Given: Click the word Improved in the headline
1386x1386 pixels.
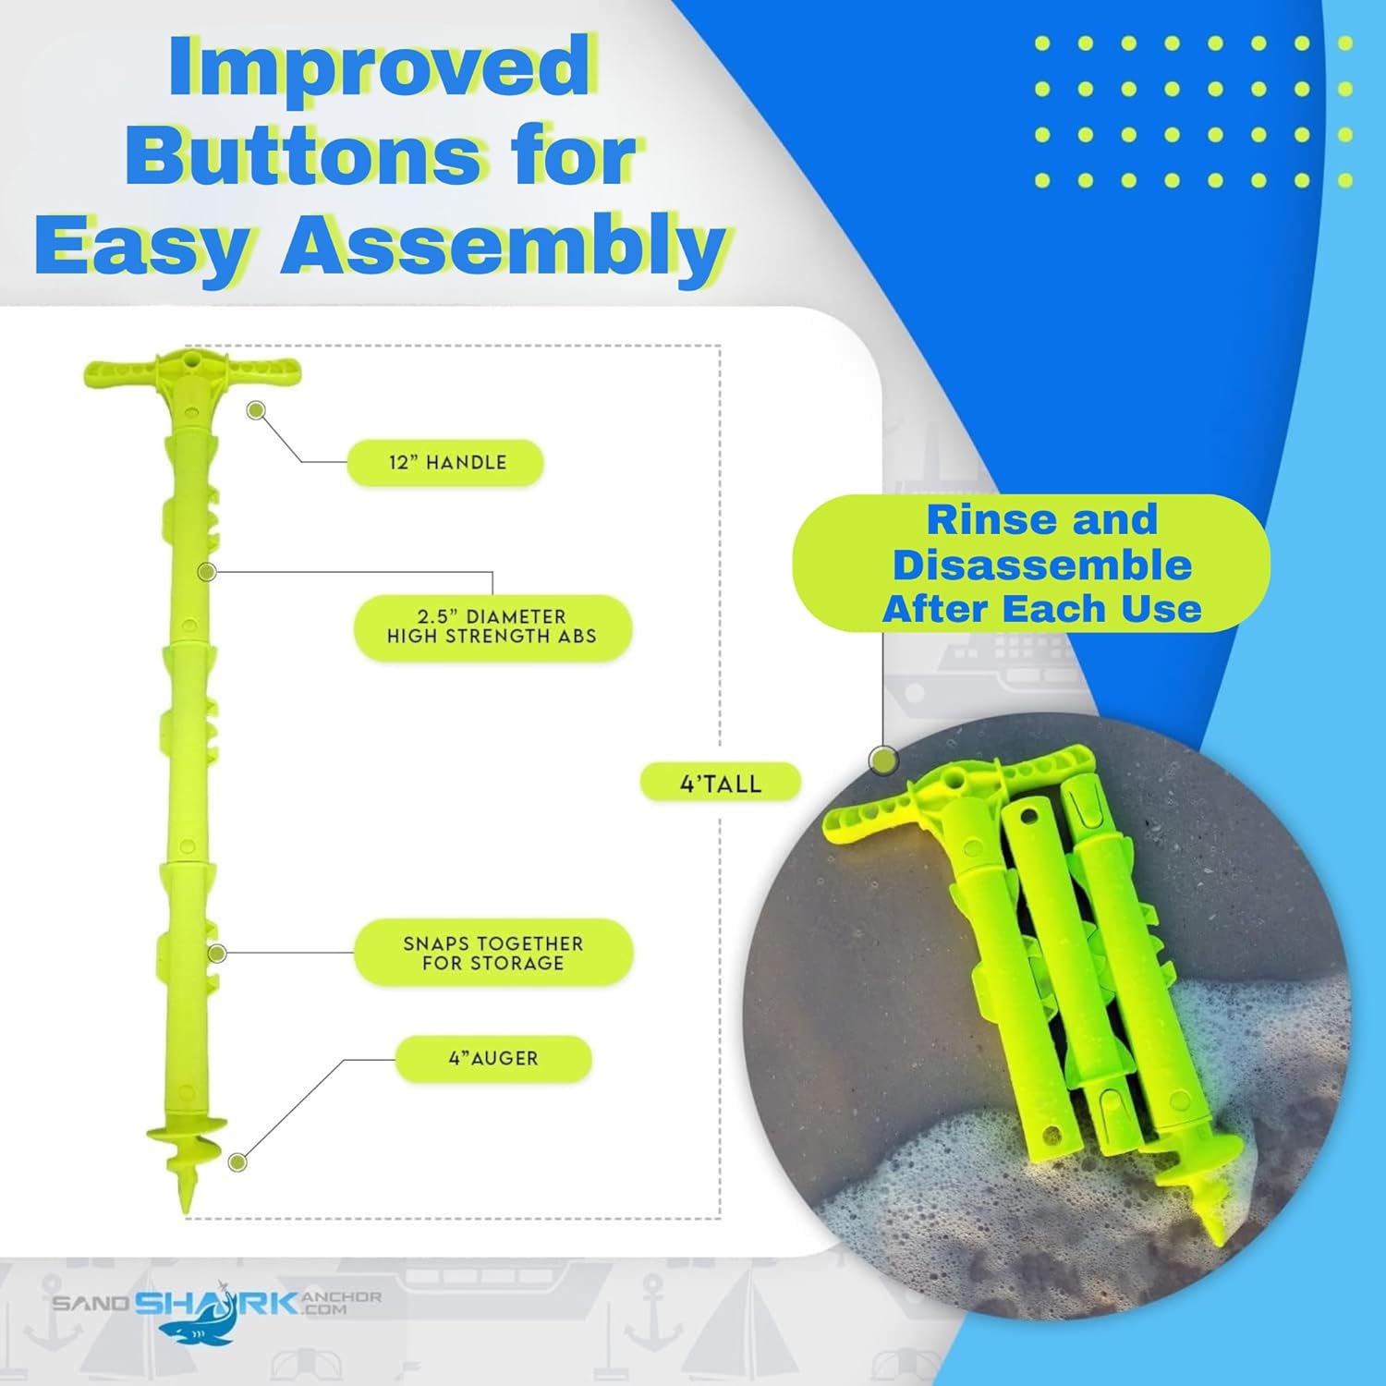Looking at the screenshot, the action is tap(380, 67).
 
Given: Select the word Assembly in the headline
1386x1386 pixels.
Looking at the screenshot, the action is tap(503, 245).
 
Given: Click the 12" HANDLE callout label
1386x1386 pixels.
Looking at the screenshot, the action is tap(445, 462).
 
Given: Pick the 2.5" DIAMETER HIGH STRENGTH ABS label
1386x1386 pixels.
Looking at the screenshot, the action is tap(492, 627).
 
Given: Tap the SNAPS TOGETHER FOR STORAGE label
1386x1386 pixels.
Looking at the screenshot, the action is tap(493, 953).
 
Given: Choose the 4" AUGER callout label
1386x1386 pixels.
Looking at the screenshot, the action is tap(493, 1059).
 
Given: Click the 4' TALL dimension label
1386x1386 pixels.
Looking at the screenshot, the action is tap(721, 784).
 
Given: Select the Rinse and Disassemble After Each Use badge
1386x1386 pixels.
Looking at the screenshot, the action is tap(1031, 564).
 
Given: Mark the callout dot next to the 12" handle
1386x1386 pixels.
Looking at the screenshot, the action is tap(256, 409).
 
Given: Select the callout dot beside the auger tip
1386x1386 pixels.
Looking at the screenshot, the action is tap(238, 1162).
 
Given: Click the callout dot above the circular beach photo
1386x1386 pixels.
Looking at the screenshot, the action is tap(884, 760).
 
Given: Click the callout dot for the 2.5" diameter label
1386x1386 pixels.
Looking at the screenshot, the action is tap(208, 572).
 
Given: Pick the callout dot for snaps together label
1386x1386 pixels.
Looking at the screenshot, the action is tap(217, 953).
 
